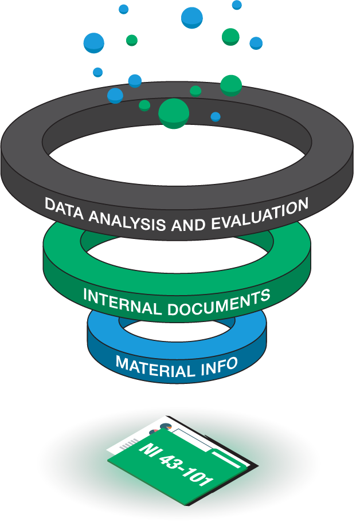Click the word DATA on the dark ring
61,206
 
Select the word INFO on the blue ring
218,364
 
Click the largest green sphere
173,112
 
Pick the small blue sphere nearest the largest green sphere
215,117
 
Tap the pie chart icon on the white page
166,427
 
